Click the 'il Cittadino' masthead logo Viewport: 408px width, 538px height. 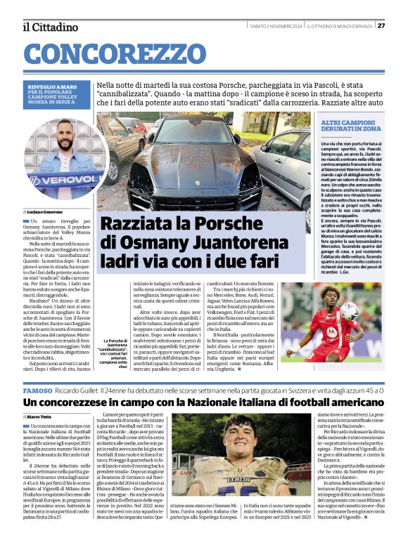click(x=50, y=27)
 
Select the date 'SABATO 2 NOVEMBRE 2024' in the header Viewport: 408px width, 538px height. click(x=276, y=26)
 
